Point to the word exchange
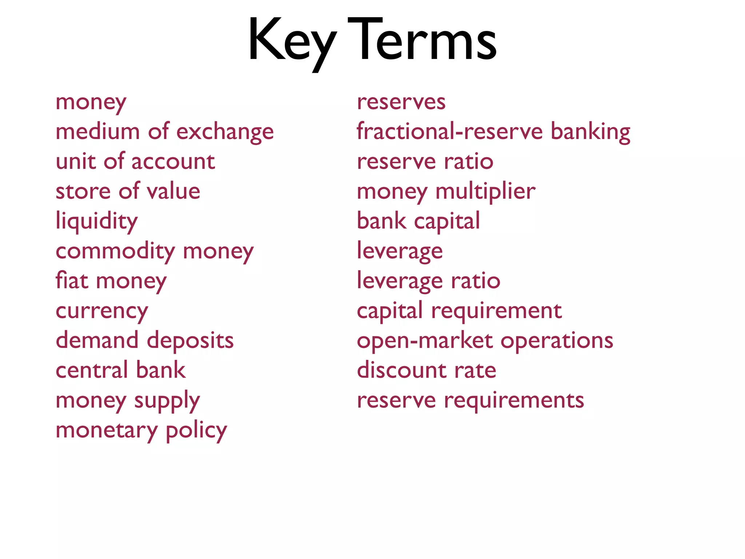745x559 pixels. tap(225, 132)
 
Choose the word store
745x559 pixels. tap(83, 191)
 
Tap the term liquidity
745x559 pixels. tap(97, 222)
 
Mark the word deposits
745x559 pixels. tap(190, 341)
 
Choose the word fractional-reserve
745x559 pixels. tap(450, 131)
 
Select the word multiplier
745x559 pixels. tap(485, 191)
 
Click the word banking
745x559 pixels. tap(590, 132)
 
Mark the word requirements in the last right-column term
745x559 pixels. tap(514, 401)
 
